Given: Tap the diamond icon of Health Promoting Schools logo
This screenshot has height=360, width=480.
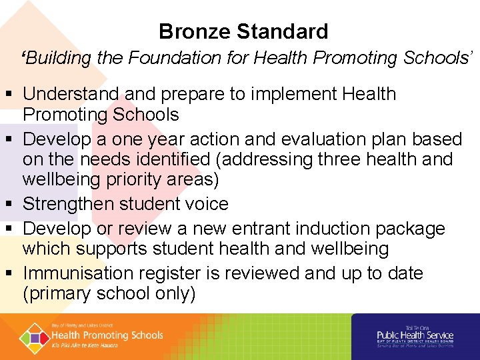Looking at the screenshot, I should coord(33,337).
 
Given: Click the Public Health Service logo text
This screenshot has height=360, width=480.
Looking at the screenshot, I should coord(415,335).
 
